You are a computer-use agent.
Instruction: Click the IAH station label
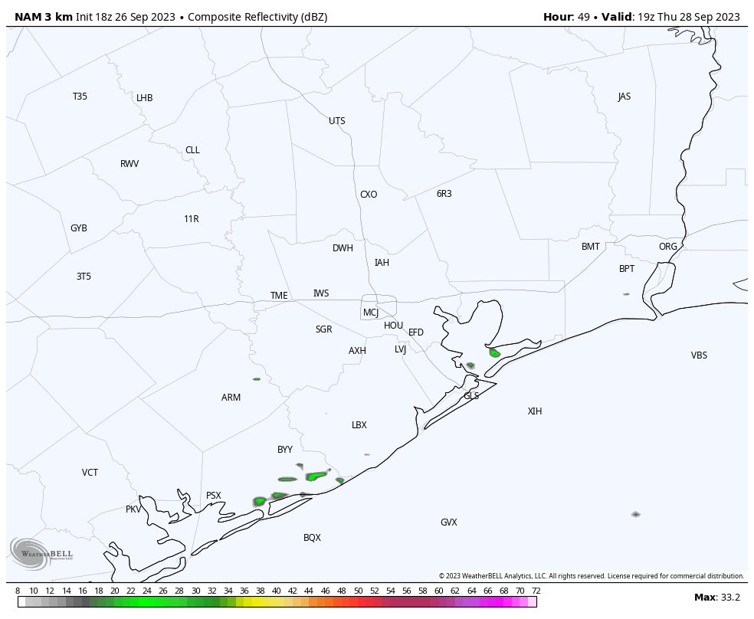coord(382,263)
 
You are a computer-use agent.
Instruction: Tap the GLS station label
coord(471,396)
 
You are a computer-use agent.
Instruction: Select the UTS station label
coord(337,121)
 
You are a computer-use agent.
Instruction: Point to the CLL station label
coord(192,150)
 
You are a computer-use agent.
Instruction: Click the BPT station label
coord(627,269)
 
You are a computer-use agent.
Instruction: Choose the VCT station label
coord(90,473)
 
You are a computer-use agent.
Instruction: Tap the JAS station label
coord(625,97)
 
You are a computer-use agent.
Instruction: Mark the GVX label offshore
coord(449,522)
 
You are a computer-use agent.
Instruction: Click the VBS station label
coord(699,355)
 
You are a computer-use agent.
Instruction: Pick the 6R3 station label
coord(444,194)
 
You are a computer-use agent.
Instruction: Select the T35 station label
coord(80,97)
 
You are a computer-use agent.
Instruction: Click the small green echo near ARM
coord(257,378)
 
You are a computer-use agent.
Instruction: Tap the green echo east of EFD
coord(495,353)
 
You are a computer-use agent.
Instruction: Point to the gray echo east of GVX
coord(635,514)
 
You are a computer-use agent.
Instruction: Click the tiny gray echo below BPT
coord(626,294)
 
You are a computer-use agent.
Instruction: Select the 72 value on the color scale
coord(536,591)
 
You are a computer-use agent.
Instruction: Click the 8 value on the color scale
coord(18,591)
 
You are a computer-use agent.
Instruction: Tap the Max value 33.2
coord(728,598)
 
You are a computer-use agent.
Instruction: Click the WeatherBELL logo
coord(41,553)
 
